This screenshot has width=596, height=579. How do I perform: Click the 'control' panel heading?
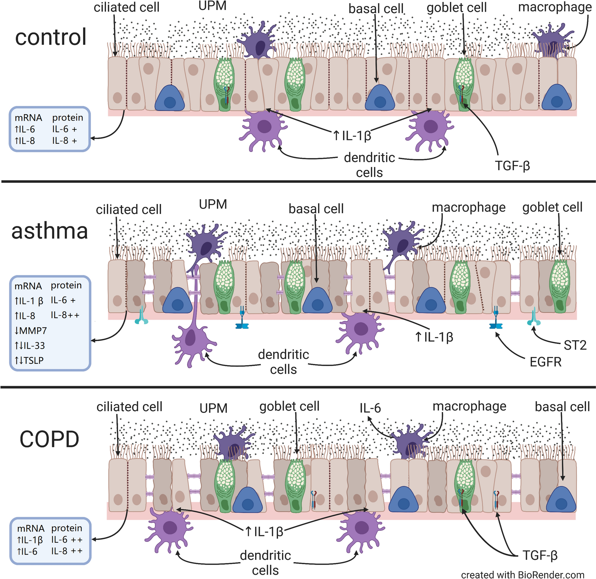click(51, 37)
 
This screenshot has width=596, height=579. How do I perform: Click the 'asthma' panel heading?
click(50, 231)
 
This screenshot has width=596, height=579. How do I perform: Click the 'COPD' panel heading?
click(49, 439)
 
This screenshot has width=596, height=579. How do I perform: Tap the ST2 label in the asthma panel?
click(575, 345)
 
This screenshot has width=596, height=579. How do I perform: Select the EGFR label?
click(546, 362)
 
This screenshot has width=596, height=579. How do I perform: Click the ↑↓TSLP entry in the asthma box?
click(29, 360)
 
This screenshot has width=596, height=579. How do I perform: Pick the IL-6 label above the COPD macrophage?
click(370, 408)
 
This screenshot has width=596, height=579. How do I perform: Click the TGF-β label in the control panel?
click(512, 166)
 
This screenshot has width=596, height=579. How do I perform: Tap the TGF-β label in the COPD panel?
click(540, 555)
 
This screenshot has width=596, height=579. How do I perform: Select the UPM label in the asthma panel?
click(213, 205)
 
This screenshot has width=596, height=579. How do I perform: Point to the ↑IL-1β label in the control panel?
click(352, 136)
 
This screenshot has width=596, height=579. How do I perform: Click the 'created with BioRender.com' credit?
click(522, 575)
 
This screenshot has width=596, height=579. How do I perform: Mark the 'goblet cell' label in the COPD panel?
click(289, 406)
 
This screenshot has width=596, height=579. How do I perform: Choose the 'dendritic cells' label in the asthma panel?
click(283, 362)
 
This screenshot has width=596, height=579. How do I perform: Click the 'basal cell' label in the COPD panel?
click(562, 407)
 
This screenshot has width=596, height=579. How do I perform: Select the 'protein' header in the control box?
click(67, 118)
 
